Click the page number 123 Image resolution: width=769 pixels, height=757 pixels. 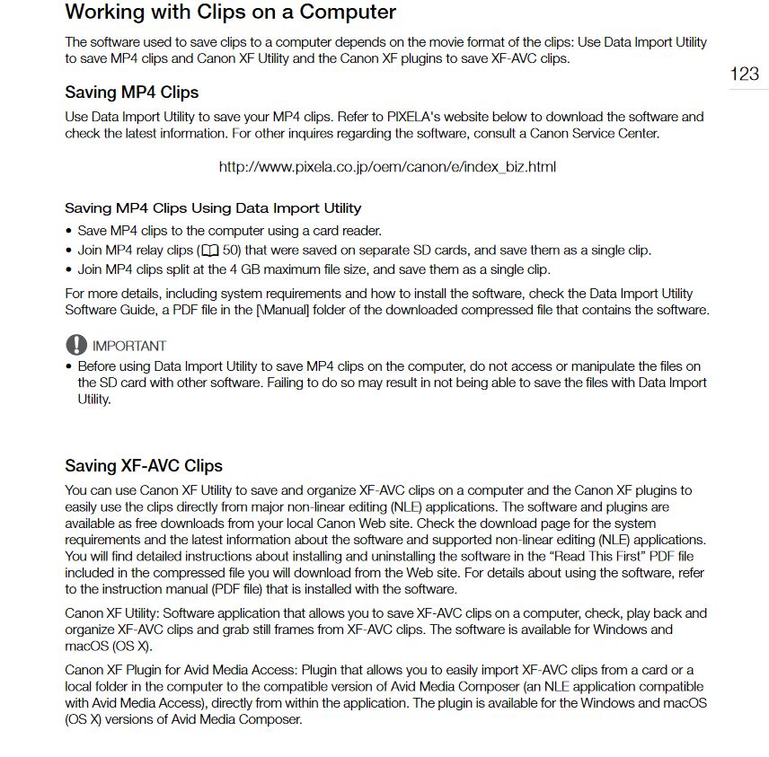point(744,74)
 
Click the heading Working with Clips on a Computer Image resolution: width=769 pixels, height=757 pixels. point(230,13)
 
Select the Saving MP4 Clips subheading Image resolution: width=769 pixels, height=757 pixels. point(131,92)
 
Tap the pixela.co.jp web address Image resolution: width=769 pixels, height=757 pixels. point(387,167)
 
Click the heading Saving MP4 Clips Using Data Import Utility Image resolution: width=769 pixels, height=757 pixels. point(213,208)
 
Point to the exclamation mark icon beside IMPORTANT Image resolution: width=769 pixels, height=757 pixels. point(75,345)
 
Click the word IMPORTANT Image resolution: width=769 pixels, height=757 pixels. point(129,346)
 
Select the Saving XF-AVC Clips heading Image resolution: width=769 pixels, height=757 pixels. point(144,466)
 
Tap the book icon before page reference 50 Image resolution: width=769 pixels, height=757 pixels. point(211,251)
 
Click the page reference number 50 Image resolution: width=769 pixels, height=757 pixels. point(230,251)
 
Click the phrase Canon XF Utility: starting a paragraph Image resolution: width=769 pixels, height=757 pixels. point(115,613)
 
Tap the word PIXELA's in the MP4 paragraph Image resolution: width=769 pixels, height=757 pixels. point(413,117)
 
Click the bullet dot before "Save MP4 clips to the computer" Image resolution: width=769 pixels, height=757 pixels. point(69,231)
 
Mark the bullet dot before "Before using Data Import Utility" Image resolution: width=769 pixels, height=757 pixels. point(69,366)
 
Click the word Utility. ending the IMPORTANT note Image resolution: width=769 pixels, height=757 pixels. point(94,399)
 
